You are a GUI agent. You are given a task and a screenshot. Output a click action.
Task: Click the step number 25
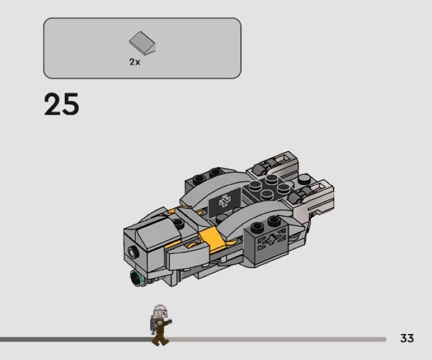click(x=62, y=104)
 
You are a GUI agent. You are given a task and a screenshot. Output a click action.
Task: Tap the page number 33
click(x=407, y=338)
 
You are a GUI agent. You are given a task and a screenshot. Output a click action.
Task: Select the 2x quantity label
click(x=134, y=62)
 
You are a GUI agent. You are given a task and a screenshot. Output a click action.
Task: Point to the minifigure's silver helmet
click(x=159, y=311)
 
